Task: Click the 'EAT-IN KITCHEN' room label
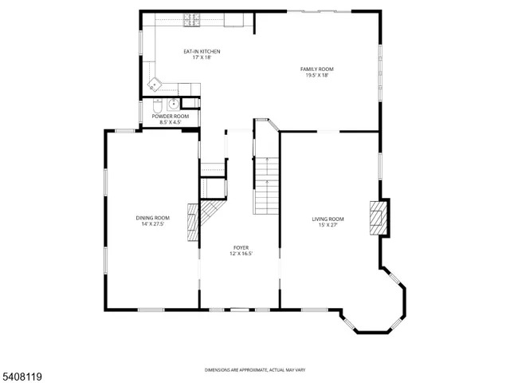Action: pos(202,52)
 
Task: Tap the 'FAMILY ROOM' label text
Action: pos(316,69)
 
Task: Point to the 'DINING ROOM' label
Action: pos(152,218)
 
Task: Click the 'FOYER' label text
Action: pos(241,248)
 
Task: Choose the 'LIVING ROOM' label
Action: pos(328,219)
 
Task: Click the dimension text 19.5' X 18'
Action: pos(316,76)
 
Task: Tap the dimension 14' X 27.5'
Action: pos(152,224)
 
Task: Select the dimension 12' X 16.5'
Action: pos(241,255)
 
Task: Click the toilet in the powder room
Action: pos(157,106)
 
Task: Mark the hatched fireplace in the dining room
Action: pos(191,221)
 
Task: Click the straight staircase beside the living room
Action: pos(267,186)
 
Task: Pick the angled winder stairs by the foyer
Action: pos(212,213)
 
